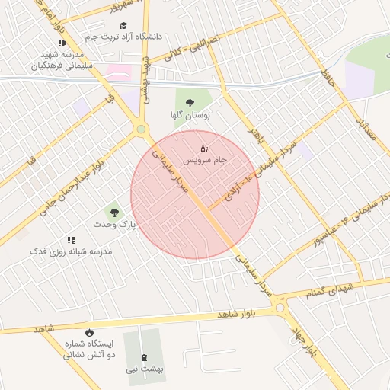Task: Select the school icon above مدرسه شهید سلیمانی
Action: tap(61, 44)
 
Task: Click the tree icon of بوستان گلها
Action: tap(188, 103)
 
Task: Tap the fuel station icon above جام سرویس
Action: tap(203, 149)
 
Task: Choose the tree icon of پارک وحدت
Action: tap(114, 213)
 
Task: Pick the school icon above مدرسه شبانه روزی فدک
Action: tap(71, 240)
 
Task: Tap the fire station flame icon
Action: tap(90, 332)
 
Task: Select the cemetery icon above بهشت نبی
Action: tap(143, 357)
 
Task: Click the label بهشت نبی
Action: tap(143, 369)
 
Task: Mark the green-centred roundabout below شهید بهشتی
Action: tap(141, 129)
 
